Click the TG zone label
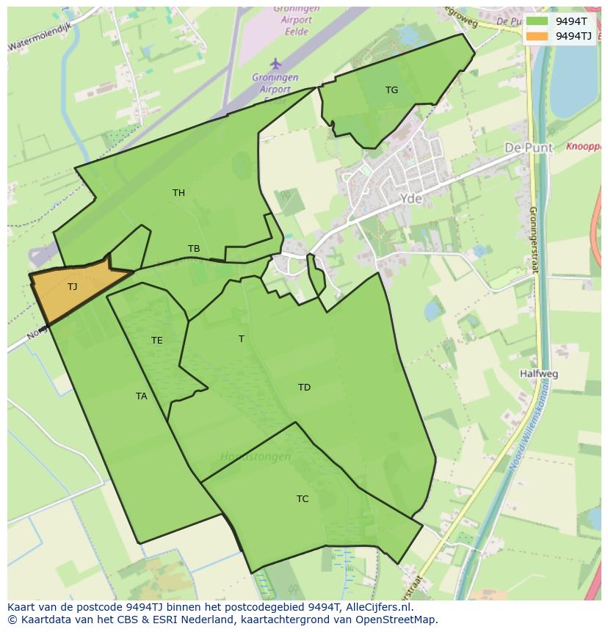click(391, 90)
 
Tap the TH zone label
click(178, 193)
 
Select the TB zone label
click(194, 249)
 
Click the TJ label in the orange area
click(72, 287)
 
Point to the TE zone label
click(156, 341)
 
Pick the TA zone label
click(141, 396)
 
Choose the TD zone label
click(304, 388)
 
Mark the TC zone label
click(303, 499)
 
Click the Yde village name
click(411, 199)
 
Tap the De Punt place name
click(528, 148)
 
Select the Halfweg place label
click(538, 374)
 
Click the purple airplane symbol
click(275, 64)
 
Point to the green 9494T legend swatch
click(538, 21)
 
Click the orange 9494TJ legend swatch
click(538, 36)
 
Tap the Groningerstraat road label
click(534, 239)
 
